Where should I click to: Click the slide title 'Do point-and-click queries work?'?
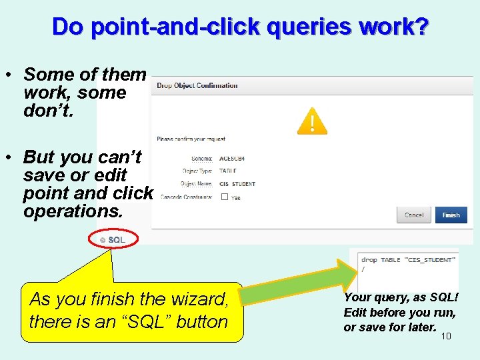coord(240,27)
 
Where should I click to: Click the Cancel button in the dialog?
coord(414,215)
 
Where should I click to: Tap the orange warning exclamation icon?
coord(312,122)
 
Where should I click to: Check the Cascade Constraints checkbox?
coord(224,197)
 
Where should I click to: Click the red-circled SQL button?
coord(113,239)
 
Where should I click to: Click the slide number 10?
coord(446,336)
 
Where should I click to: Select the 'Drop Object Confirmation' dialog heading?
coord(197,85)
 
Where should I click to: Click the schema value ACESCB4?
coord(232,159)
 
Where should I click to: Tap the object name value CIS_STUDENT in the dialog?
coord(237,184)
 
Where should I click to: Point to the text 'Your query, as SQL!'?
coord(401,298)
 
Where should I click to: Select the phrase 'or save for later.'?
coord(390,327)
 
